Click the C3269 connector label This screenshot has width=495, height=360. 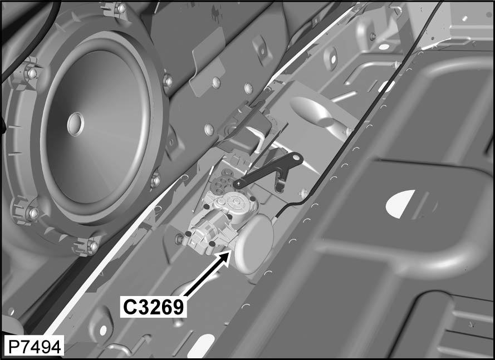tap(154, 307)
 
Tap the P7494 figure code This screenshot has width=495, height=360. tap(35, 347)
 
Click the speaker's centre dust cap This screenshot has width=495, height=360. tap(76, 124)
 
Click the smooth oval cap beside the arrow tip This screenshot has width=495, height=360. tap(254, 244)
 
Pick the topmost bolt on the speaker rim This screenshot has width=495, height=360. tap(121, 8)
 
